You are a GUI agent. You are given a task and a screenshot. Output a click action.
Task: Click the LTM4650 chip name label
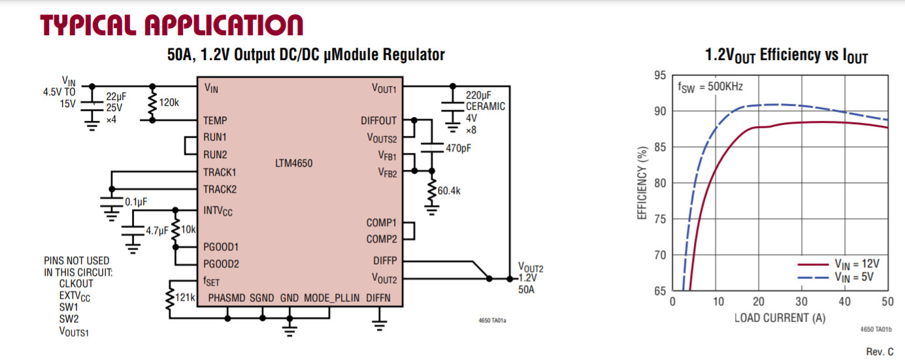pos(293,163)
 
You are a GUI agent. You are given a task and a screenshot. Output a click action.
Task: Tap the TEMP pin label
pos(216,121)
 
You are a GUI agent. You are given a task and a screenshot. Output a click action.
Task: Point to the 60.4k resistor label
pos(449,191)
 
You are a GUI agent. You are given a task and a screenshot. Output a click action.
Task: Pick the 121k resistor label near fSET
pos(185,298)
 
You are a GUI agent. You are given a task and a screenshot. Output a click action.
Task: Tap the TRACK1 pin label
pos(220,172)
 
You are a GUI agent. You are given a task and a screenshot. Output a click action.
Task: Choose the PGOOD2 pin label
pos(222,264)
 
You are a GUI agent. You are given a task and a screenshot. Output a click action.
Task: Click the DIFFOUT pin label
pos(378,121)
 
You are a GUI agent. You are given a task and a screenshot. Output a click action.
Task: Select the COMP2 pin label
pos(382,239)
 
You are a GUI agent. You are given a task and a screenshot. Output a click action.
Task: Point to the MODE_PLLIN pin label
pos(332,298)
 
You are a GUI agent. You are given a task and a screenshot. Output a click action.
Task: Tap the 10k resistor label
pos(188,230)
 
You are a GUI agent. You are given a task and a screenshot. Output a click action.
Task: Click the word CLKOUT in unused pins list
pos(76,284)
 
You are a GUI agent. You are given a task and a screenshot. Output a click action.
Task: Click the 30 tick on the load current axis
pos(802,302)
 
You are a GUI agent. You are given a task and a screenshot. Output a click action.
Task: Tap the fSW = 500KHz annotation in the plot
pos(710,86)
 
